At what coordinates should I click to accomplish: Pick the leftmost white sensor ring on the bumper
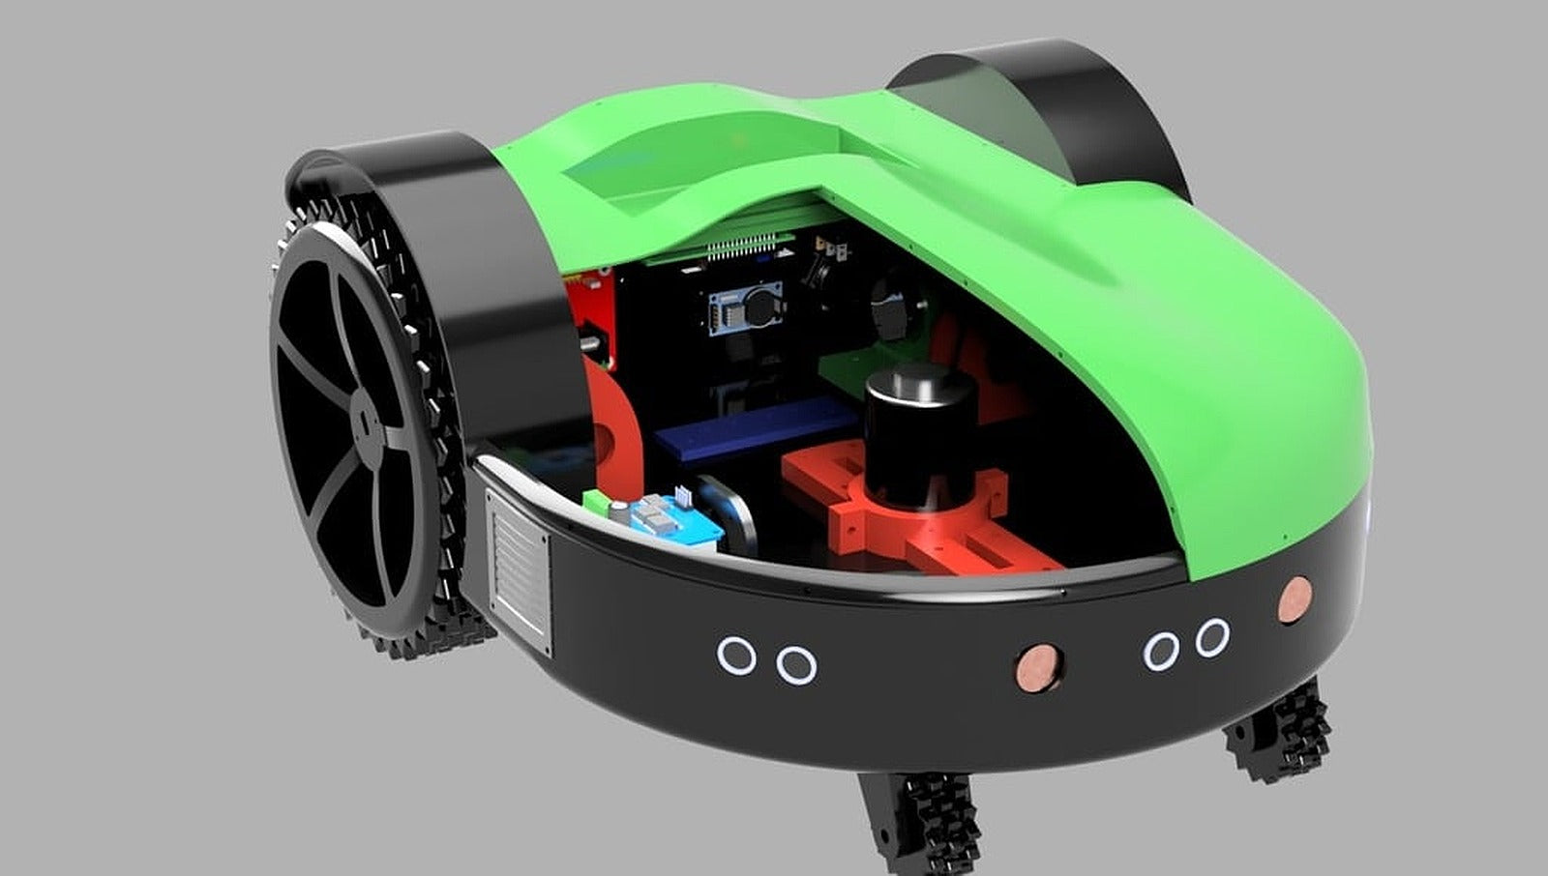736,656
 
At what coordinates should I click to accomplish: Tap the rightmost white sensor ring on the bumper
1212,638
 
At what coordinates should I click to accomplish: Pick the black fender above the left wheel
455,242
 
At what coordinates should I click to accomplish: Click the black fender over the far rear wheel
1064,106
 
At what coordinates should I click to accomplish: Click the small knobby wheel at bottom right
1277,730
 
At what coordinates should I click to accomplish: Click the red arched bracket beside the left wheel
614,425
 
